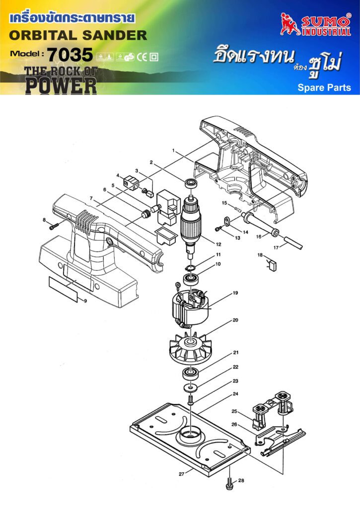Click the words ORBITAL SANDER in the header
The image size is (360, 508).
coord(78,36)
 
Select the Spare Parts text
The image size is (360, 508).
coord(324,88)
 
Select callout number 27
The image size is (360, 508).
coord(182,474)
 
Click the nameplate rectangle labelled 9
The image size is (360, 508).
coord(64,290)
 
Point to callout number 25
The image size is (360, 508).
coord(235,411)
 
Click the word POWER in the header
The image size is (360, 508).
coord(61,85)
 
